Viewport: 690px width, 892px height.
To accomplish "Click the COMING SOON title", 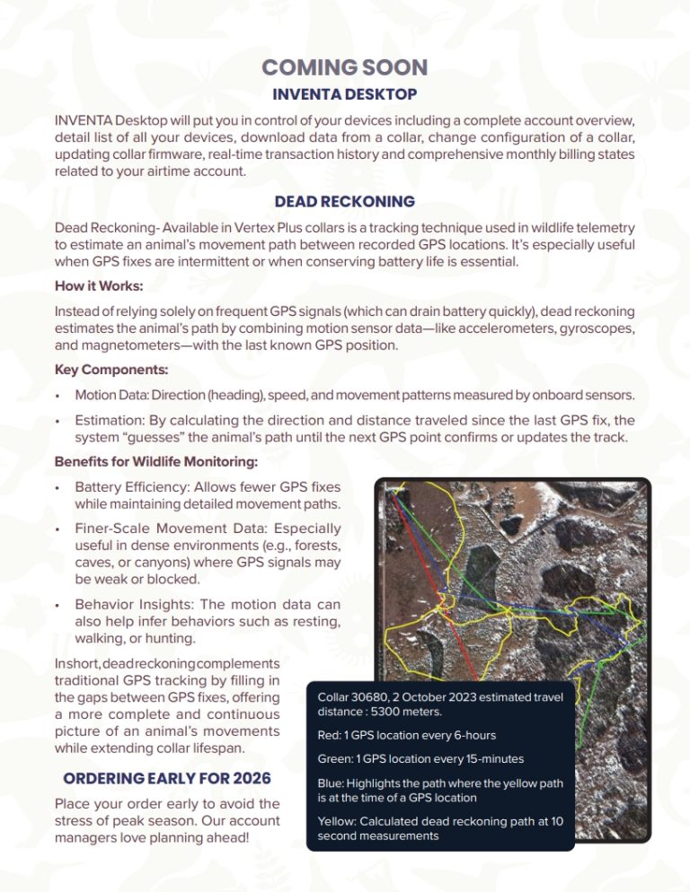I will pos(344,67).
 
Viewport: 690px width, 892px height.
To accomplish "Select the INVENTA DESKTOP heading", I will pos(345,94).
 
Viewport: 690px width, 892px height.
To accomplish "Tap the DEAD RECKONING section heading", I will pos(345,202).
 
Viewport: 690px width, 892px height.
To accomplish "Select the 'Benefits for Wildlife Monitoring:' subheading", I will pos(156,462).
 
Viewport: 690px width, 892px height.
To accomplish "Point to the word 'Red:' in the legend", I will pos(329,735).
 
